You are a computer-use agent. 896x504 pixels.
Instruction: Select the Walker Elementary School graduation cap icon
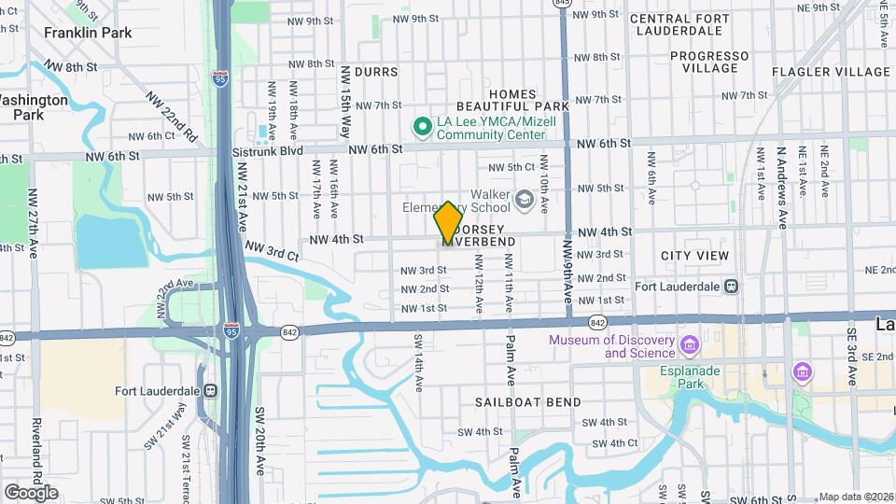[525, 198]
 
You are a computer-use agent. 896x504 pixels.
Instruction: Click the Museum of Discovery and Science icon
[690, 346]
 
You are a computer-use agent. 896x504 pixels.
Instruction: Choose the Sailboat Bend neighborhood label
[527, 402]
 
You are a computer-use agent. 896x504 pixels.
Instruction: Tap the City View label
[694, 256]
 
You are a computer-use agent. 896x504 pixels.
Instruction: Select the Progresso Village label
[709, 62]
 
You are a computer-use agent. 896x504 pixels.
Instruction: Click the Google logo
[31, 492]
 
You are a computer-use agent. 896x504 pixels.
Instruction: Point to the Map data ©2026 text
[856, 497]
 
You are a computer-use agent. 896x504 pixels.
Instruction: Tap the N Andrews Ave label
[780, 175]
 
